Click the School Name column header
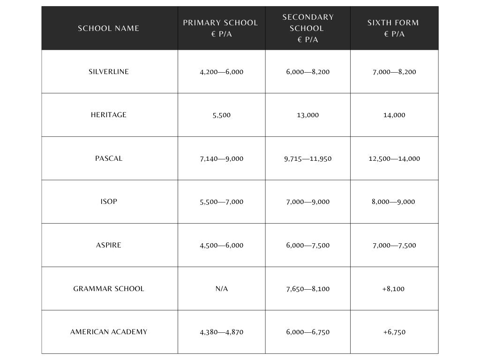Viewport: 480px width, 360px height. (108, 28)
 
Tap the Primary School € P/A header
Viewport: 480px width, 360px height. (220, 28)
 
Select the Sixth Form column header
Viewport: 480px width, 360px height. (393, 28)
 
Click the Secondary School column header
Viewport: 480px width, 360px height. (308, 28)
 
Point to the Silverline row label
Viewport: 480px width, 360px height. (109, 72)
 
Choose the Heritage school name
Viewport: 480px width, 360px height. (109, 115)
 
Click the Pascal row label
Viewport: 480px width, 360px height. (109, 158)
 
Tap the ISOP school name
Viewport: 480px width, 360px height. (109, 202)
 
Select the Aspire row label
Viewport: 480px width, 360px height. (109, 245)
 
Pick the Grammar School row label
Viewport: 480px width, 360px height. (109, 289)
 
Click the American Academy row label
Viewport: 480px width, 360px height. (109, 332)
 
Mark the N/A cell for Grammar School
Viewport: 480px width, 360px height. (222, 289)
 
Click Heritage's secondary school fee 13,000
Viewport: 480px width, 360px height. (308, 115)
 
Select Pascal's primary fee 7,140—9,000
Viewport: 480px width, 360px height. (222, 159)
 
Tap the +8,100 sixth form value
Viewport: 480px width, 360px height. (394, 289)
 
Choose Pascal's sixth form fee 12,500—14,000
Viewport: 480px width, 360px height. (394, 159)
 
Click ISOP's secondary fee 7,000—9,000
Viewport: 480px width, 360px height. (308, 202)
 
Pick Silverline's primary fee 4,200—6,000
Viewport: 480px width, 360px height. (222, 72)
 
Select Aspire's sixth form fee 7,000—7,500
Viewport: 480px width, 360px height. (394, 246)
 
